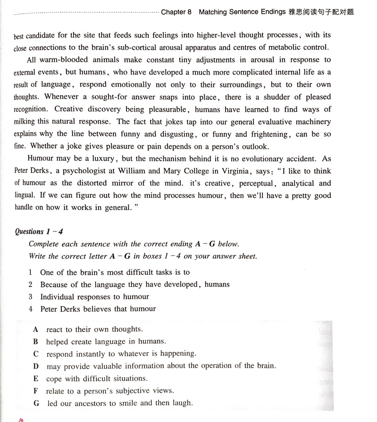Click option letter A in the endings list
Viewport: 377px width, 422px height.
tap(35, 329)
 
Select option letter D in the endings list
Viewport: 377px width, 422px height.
tap(36, 366)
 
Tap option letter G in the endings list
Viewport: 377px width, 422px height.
tap(36, 403)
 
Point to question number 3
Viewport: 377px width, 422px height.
tap(30, 297)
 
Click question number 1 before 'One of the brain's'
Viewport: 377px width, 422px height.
tap(30, 272)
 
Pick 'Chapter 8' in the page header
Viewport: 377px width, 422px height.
tap(176, 12)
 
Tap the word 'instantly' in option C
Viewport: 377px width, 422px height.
tap(92, 354)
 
